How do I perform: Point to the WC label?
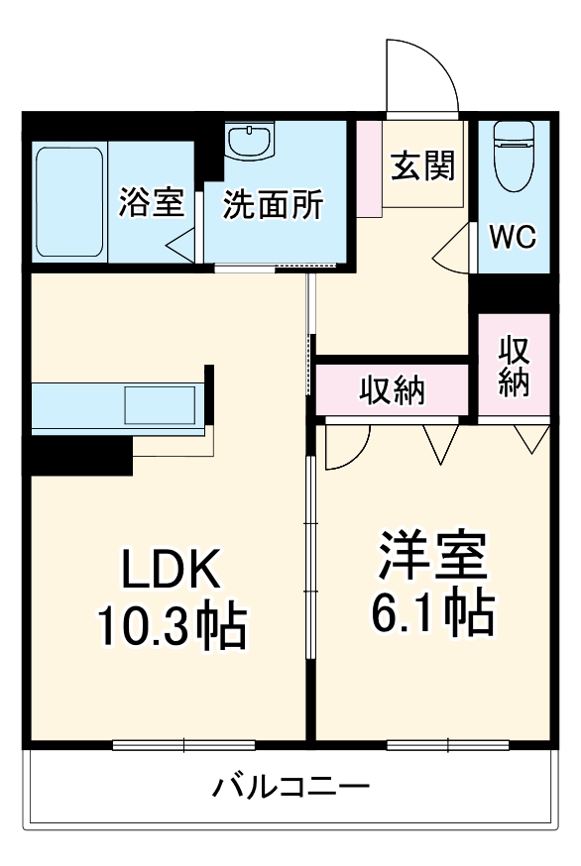click(x=514, y=237)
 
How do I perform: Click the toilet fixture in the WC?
click(x=514, y=156)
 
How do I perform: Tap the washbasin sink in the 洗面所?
click(x=249, y=141)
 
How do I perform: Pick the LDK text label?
click(x=170, y=572)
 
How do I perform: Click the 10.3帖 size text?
click(x=171, y=624)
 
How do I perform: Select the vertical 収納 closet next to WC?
click(x=513, y=366)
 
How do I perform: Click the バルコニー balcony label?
click(x=291, y=789)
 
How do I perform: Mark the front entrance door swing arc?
click(x=422, y=75)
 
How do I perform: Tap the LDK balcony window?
click(x=183, y=744)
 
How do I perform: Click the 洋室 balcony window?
click(x=446, y=744)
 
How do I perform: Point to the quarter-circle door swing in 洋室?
click(x=347, y=445)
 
